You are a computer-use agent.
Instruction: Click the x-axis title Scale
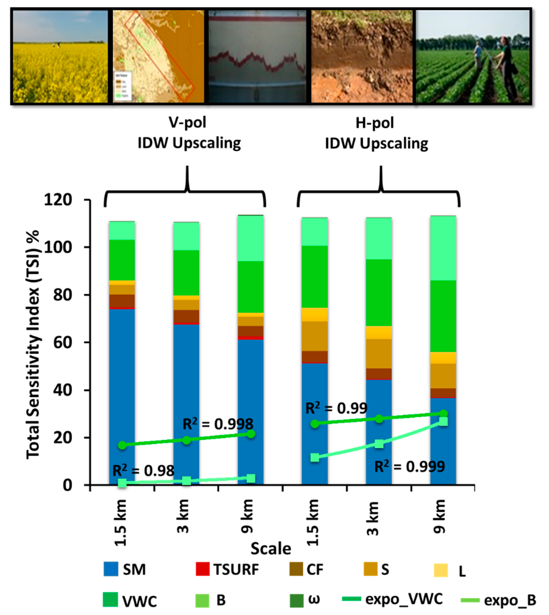tap(271, 548)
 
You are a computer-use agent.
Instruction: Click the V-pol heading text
tap(187, 123)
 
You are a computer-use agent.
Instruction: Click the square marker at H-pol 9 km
tap(443, 421)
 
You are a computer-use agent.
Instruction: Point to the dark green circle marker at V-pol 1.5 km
tap(122, 445)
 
